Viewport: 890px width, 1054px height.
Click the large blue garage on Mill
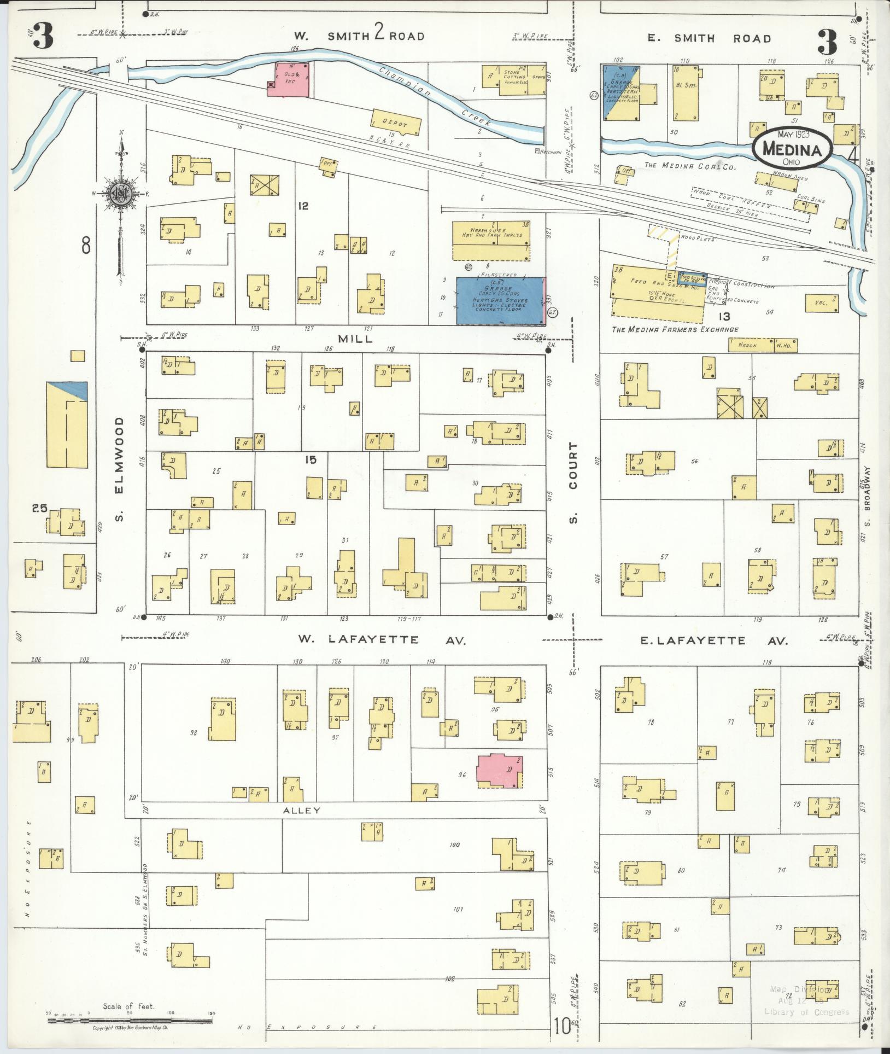point(500,300)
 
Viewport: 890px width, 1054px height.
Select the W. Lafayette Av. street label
point(382,639)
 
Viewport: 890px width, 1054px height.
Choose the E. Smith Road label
point(709,38)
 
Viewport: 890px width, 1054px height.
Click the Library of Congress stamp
point(806,1000)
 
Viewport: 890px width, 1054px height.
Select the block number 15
point(311,459)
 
